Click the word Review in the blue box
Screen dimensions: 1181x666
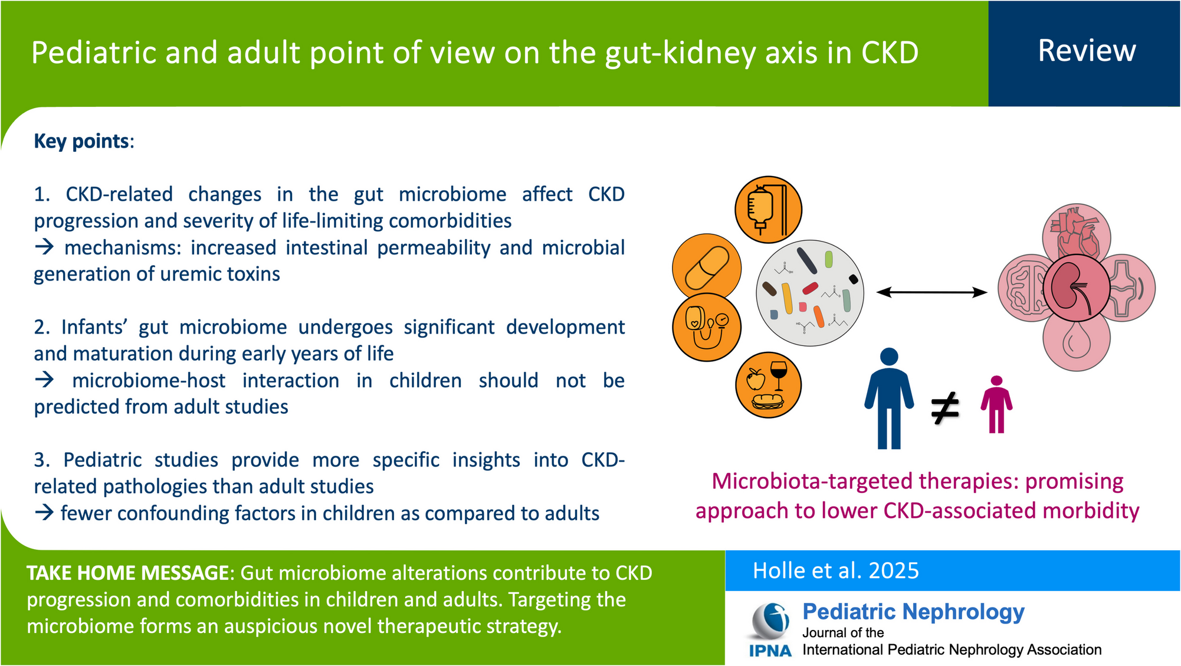coord(1087,51)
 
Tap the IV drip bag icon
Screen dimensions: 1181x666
coord(768,210)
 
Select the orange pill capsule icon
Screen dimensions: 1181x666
coord(707,267)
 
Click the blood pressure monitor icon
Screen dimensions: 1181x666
coord(707,327)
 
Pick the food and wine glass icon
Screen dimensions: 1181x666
coord(768,385)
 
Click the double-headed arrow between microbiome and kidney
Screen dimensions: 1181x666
coord(931,292)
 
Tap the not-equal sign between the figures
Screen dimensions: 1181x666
coord(944,409)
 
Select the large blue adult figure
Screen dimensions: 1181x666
coord(889,399)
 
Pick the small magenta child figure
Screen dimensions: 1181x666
coord(996,404)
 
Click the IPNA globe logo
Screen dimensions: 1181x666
coord(770,622)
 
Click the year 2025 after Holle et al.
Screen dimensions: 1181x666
coord(894,571)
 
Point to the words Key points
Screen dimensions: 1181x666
coord(82,142)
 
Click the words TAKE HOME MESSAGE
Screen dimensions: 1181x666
coord(128,573)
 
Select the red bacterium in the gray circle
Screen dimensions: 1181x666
coord(810,288)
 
